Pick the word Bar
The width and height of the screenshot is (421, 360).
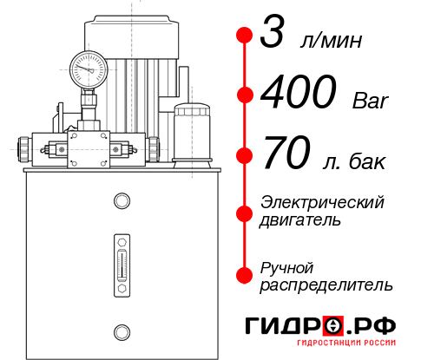click(x=371, y=100)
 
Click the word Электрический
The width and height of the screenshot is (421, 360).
click(x=322, y=202)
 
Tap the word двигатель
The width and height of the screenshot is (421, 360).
click(x=300, y=220)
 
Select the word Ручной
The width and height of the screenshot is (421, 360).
click(x=287, y=266)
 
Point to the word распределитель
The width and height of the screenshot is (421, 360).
click(x=326, y=285)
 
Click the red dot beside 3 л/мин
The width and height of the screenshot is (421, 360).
click(x=244, y=36)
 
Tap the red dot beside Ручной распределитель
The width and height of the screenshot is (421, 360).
click(x=244, y=275)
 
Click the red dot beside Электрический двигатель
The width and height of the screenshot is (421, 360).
click(x=244, y=211)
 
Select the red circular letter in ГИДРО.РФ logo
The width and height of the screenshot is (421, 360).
click(x=333, y=326)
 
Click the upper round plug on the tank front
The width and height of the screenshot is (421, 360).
click(x=120, y=201)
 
